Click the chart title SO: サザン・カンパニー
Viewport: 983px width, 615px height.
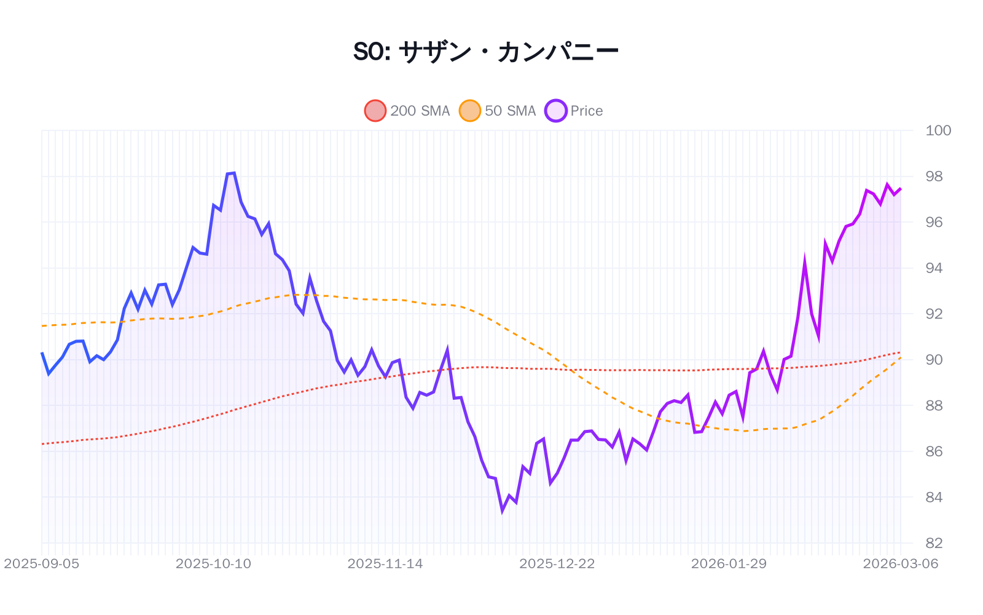[x=485, y=52]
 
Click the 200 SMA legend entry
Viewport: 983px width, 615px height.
[x=408, y=111]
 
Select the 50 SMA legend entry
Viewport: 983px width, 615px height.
[x=498, y=111]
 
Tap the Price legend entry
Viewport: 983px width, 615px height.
[x=574, y=111]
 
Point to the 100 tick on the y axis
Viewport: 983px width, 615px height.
[x=938, y=130]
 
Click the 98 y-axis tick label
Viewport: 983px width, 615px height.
[x=934, y=177]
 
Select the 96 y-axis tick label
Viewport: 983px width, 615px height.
[x=934, y=222]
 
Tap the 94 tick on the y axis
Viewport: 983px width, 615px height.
[x=934, y=268]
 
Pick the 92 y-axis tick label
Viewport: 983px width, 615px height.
[x=934, y=314]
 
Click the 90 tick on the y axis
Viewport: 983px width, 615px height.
[x=934, y=360]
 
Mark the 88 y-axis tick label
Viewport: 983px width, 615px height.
[x=934, y=405]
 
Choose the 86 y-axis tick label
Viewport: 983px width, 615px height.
[x=934, y=451]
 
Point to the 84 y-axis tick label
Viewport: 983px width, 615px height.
[x=934, y=497]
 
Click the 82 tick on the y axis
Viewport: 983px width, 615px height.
[x=934, y=543]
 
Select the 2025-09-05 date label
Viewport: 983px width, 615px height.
[x=42, y=564]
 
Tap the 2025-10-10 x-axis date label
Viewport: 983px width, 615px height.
[x=213, y=564]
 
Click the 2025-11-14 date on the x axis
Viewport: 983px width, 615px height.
[x=385, y=564]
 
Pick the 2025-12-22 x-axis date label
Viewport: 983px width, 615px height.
[x=557, y=564]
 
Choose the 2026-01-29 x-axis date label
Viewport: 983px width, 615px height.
[x=729, y=564]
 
